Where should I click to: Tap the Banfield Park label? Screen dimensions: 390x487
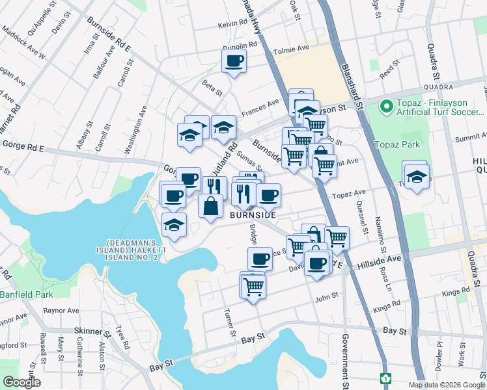(x=26, y=294)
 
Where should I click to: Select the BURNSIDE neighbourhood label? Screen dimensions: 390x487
(x=253, y=214)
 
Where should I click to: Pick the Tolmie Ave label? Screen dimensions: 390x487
(x=294, y=48)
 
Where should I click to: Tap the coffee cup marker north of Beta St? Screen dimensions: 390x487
(x=234, y=62)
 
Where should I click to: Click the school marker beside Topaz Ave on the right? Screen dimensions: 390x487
(x=416, y=177)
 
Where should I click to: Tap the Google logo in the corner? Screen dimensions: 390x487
(x=21, y=382)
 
